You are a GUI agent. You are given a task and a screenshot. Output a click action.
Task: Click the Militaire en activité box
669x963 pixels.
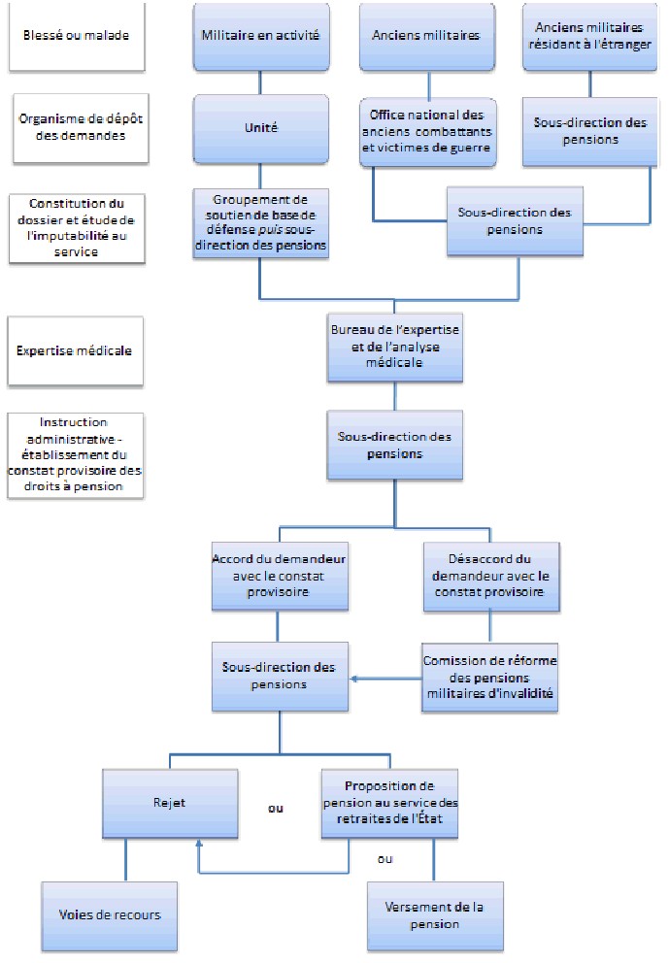tap(259, 36)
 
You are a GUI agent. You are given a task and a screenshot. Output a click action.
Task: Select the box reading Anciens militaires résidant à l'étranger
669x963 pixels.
tap(585, 36)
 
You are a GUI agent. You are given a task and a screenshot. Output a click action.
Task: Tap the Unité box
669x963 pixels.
tap(259, 127)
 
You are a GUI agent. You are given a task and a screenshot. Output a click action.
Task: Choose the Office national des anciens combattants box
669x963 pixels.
tap(427, 132)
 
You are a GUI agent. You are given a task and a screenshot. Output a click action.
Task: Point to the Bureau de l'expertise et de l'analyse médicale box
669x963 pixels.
tap(394, 347)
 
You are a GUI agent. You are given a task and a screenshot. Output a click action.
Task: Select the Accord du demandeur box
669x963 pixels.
tap(279, 577)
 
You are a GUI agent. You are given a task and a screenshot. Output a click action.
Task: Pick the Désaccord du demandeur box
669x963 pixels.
tap(491, 577)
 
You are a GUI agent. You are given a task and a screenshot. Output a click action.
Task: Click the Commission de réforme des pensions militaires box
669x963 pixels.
tap(489, 677)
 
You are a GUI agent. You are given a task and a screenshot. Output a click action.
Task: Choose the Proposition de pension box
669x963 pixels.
tap(388, 803)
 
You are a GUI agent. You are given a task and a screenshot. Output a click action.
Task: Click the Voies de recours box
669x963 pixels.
tap(110, 914)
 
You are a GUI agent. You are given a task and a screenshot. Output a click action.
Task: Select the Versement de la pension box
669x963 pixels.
tap(435, 914)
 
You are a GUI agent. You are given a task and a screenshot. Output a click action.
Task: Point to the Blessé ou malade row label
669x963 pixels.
tap(76, 36)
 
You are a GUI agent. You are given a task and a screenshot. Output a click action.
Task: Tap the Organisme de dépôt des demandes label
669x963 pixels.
tap(76, 127)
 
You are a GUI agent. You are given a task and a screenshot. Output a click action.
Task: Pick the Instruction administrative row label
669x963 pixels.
tap(76, 454)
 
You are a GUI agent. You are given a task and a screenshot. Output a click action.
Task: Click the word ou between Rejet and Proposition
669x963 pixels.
tap(276, 808)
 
